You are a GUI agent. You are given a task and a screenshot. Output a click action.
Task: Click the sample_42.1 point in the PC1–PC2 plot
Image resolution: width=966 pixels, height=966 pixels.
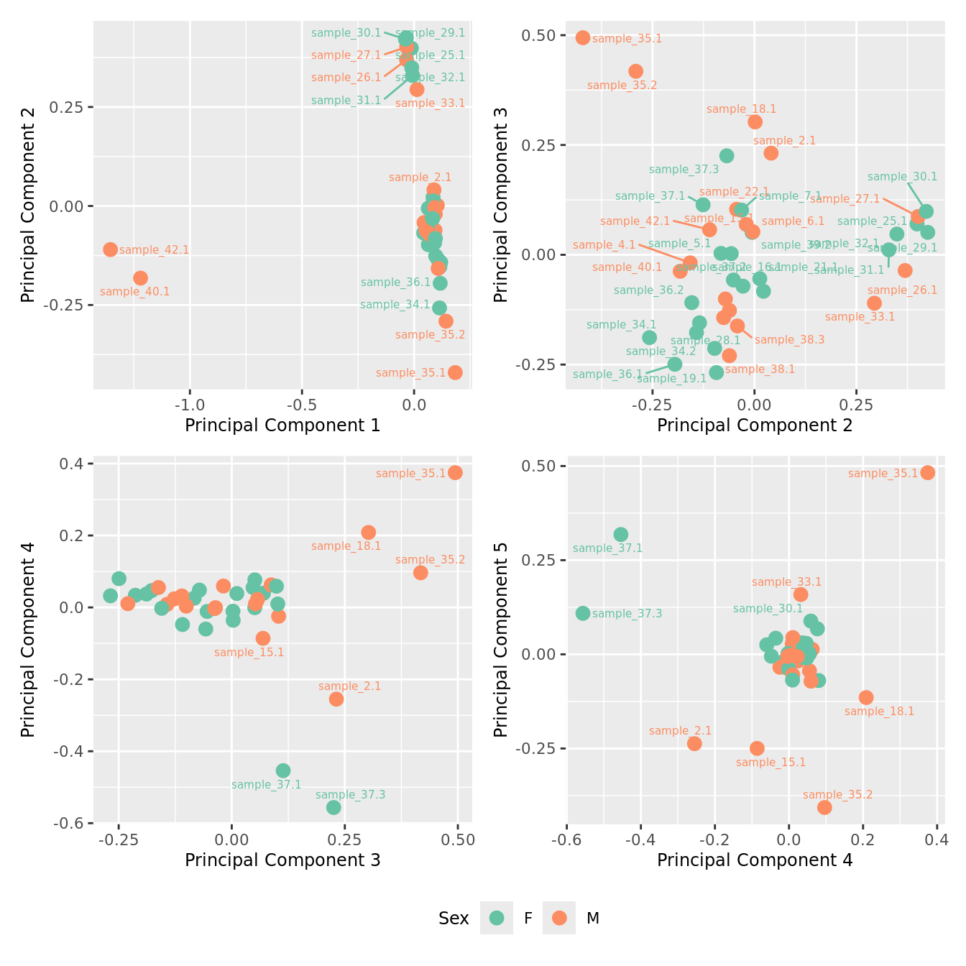coord(110,249)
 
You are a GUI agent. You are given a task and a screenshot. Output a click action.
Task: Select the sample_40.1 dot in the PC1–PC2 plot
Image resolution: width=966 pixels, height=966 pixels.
coord(140,278)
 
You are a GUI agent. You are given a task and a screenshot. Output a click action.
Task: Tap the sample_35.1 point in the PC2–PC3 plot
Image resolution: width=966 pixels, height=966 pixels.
coord(583,37)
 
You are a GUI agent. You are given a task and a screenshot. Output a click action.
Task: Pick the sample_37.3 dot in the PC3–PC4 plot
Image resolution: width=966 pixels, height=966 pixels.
coord(333,807)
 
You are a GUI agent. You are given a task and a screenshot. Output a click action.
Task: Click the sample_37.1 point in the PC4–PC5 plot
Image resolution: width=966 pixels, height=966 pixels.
coord(621,535)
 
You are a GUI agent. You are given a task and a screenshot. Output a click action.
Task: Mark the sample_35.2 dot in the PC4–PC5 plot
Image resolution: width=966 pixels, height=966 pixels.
coord(824,807)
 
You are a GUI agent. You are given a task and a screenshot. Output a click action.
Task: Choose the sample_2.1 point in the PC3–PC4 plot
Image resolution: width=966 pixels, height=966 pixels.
coord(336,699)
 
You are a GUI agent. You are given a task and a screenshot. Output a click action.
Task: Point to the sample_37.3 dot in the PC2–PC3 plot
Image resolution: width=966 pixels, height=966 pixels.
coord(727,156)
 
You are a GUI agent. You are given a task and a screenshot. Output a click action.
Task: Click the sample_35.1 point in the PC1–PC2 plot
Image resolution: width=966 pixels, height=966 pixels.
coord(455,372)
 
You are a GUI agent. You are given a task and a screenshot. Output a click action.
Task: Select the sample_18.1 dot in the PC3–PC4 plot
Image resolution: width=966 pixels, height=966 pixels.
coord(369,533)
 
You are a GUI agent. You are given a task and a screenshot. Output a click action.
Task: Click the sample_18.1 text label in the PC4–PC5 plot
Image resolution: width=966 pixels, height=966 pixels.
coord(879,712)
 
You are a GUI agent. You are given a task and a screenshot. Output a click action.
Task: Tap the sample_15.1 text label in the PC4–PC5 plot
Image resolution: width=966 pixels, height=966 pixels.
coord(770,763)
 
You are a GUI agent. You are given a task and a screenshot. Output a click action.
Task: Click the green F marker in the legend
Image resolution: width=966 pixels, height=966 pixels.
coord(497,918)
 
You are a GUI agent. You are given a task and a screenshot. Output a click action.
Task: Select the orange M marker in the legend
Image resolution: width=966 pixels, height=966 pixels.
coord(559,918)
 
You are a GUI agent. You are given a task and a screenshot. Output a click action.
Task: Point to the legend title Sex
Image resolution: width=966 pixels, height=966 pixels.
coord(454,919)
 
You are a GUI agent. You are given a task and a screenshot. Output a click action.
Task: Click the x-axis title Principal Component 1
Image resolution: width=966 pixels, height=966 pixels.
coord(282,425)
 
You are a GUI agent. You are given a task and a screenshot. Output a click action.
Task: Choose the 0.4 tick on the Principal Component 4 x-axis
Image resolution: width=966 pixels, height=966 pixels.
coord(937,839)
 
